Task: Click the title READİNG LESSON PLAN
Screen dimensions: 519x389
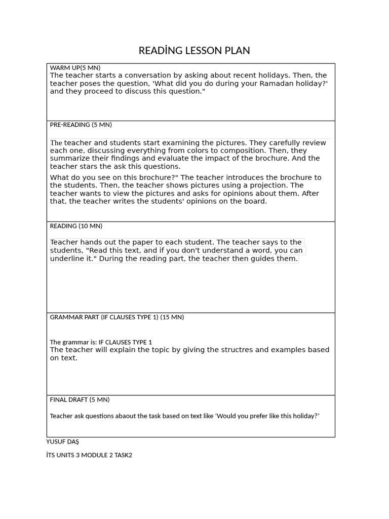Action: pos(194,51)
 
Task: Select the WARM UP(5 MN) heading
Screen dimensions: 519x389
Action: pos(75,67)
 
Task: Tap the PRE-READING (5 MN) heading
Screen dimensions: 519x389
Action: pos(81,125)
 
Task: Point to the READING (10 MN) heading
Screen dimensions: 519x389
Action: pos(76,226)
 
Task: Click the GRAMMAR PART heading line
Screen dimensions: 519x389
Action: pos(116,317)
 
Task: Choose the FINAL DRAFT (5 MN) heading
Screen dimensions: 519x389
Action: pos(80,399)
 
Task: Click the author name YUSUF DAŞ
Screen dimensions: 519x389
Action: pos(62,441)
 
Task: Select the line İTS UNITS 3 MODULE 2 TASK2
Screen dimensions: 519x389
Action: pos(89,455)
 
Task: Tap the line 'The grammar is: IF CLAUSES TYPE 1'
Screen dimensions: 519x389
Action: pos(101,342)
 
